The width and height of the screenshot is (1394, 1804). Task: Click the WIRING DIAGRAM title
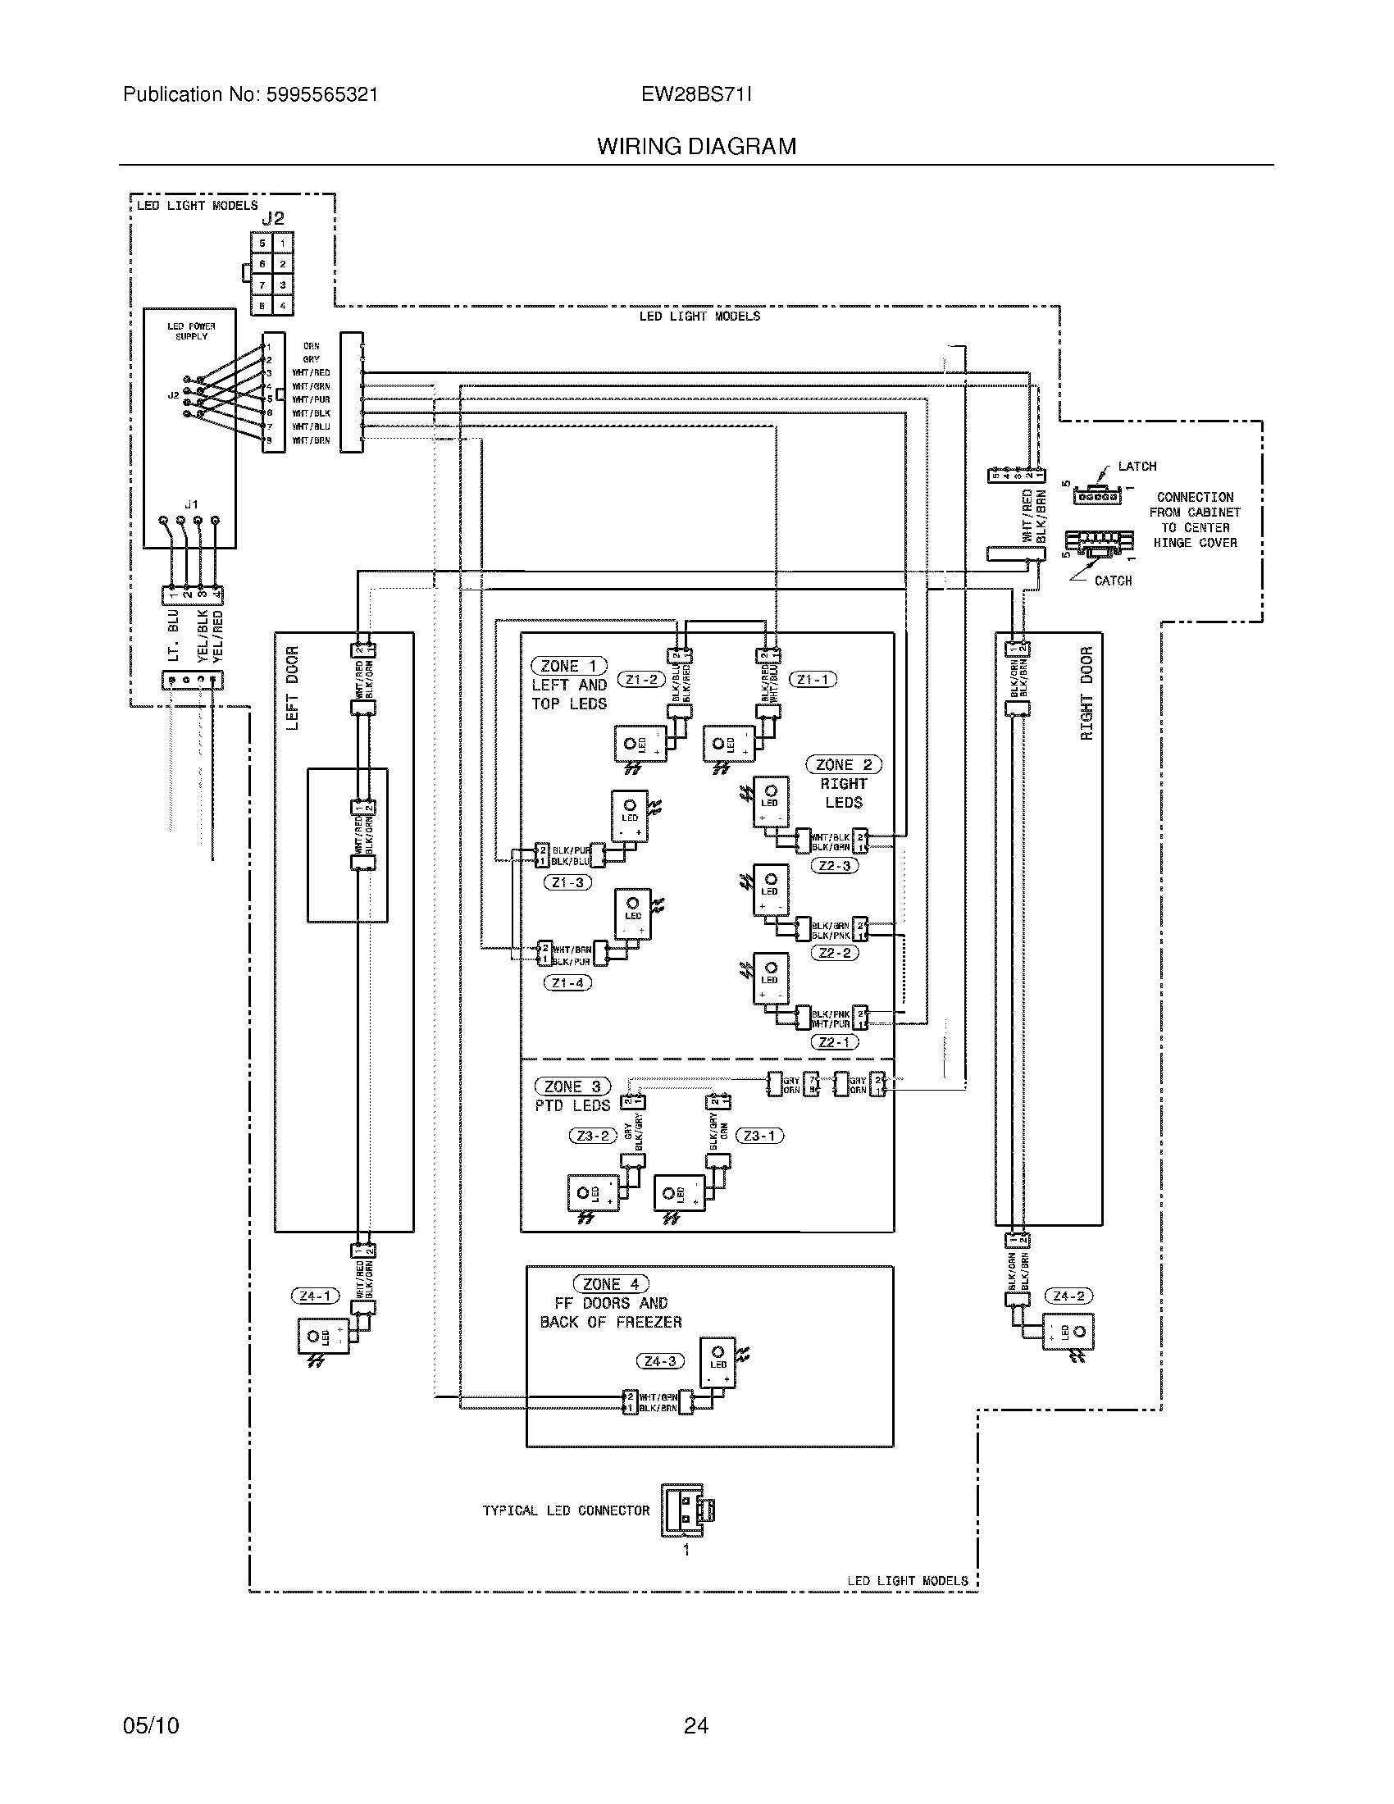696,147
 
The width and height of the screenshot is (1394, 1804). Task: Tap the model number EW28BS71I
696,95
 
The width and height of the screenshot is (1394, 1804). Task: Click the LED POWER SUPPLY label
191,331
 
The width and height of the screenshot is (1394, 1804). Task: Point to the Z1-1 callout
813,680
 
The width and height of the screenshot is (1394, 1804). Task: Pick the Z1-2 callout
641,680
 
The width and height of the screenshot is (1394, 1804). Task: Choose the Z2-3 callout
835,866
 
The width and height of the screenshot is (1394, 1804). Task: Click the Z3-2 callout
593,1136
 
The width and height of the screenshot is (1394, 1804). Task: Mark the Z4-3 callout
660,1361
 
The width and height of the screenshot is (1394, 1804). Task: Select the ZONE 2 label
843,765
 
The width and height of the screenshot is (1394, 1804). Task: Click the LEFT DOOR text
293,688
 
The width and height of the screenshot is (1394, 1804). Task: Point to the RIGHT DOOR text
1086,694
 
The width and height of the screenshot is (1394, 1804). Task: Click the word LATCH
1137,467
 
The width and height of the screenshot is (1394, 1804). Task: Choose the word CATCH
1114,581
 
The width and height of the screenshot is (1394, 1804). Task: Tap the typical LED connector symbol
686,1510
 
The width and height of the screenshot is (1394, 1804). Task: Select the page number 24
696,1725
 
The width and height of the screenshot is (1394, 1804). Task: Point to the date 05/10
151,1725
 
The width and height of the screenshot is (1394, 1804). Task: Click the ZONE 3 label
572,1087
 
